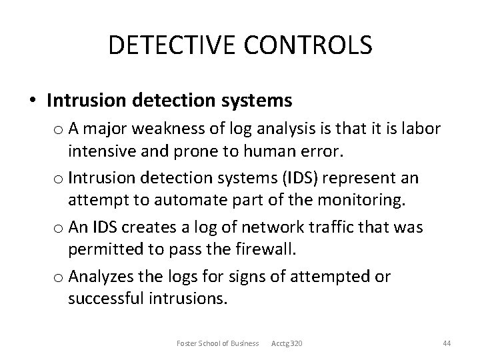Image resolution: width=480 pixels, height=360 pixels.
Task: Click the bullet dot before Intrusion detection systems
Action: tap(33, 101)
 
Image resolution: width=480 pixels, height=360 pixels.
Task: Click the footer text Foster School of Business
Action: tap(217, 343)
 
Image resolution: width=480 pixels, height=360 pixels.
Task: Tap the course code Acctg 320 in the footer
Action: tap(287, 343)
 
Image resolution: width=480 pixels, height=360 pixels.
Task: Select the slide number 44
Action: tap(447, 343)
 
